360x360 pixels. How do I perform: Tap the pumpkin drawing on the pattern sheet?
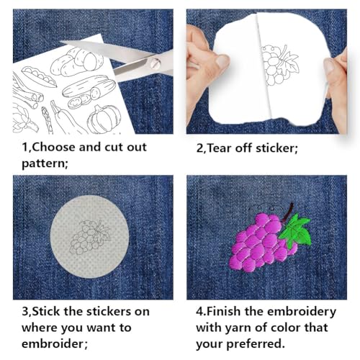(104, 120)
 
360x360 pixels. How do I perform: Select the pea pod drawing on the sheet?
(39, 76)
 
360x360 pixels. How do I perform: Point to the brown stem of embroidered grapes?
(288, 212)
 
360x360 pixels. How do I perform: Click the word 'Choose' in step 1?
(54, 147)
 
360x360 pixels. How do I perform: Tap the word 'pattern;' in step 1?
(45, 164)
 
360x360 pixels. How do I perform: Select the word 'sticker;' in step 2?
(276, 148)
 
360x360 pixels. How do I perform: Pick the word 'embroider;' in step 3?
(55, 343)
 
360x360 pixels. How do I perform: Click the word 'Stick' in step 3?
(46, 311)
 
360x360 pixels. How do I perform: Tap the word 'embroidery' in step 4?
(302, 312)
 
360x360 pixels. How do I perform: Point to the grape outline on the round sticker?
(90, 237)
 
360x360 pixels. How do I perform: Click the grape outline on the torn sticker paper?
(280, 66)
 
